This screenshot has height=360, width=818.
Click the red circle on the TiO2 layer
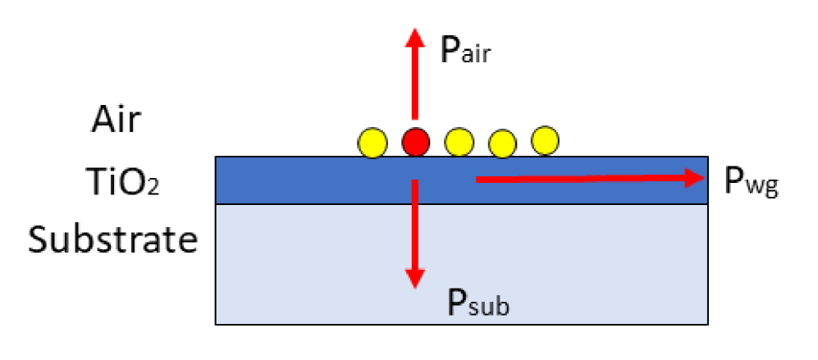pos(416,143)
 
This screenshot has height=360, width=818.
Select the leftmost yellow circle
pos(372,144)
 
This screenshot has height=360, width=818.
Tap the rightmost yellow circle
pos(544,139)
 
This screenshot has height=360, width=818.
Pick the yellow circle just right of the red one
pos(459,143)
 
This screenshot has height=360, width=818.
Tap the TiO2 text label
pos(123,181)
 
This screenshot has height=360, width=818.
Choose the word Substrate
pos(113,240)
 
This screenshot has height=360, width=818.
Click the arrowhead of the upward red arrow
pos(416,37)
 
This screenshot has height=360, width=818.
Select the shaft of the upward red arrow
pos(416,82)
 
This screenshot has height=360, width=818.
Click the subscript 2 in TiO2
pos(150,187)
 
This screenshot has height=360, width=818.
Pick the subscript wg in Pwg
pos(762,187)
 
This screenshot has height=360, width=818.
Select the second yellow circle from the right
pos(502,144)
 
